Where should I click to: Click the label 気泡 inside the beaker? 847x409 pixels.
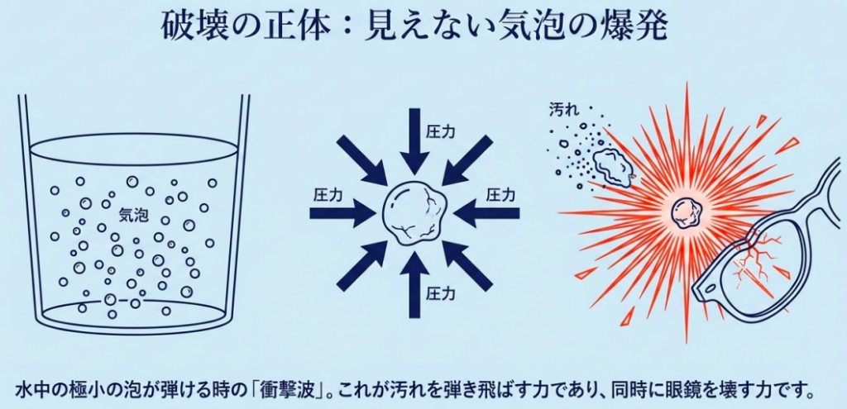point(133,216)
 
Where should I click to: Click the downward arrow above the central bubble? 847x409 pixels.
point(414,140)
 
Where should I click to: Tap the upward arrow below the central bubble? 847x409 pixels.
point(414,285)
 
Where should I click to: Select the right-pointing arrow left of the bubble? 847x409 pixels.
point(342,214)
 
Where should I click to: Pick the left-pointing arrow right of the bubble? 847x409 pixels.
point(486,214)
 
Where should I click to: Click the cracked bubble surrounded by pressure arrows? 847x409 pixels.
point(414,214)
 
